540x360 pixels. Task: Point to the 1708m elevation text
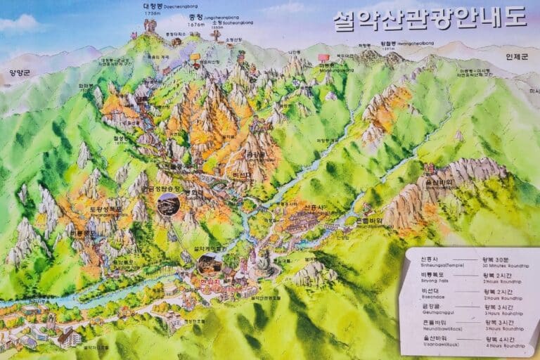(152, 14)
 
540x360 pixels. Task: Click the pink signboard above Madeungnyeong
(323, 57)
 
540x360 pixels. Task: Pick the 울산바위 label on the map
(436, 181)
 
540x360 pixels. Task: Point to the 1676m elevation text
(198, 25)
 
